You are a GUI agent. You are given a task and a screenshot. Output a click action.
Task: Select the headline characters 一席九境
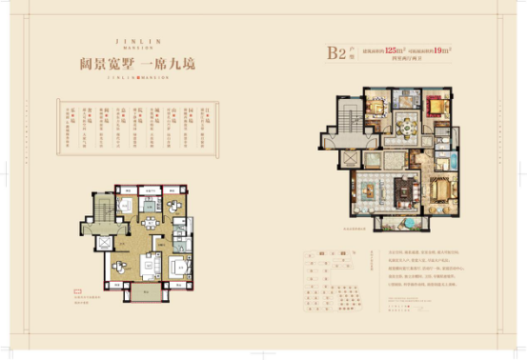185,65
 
